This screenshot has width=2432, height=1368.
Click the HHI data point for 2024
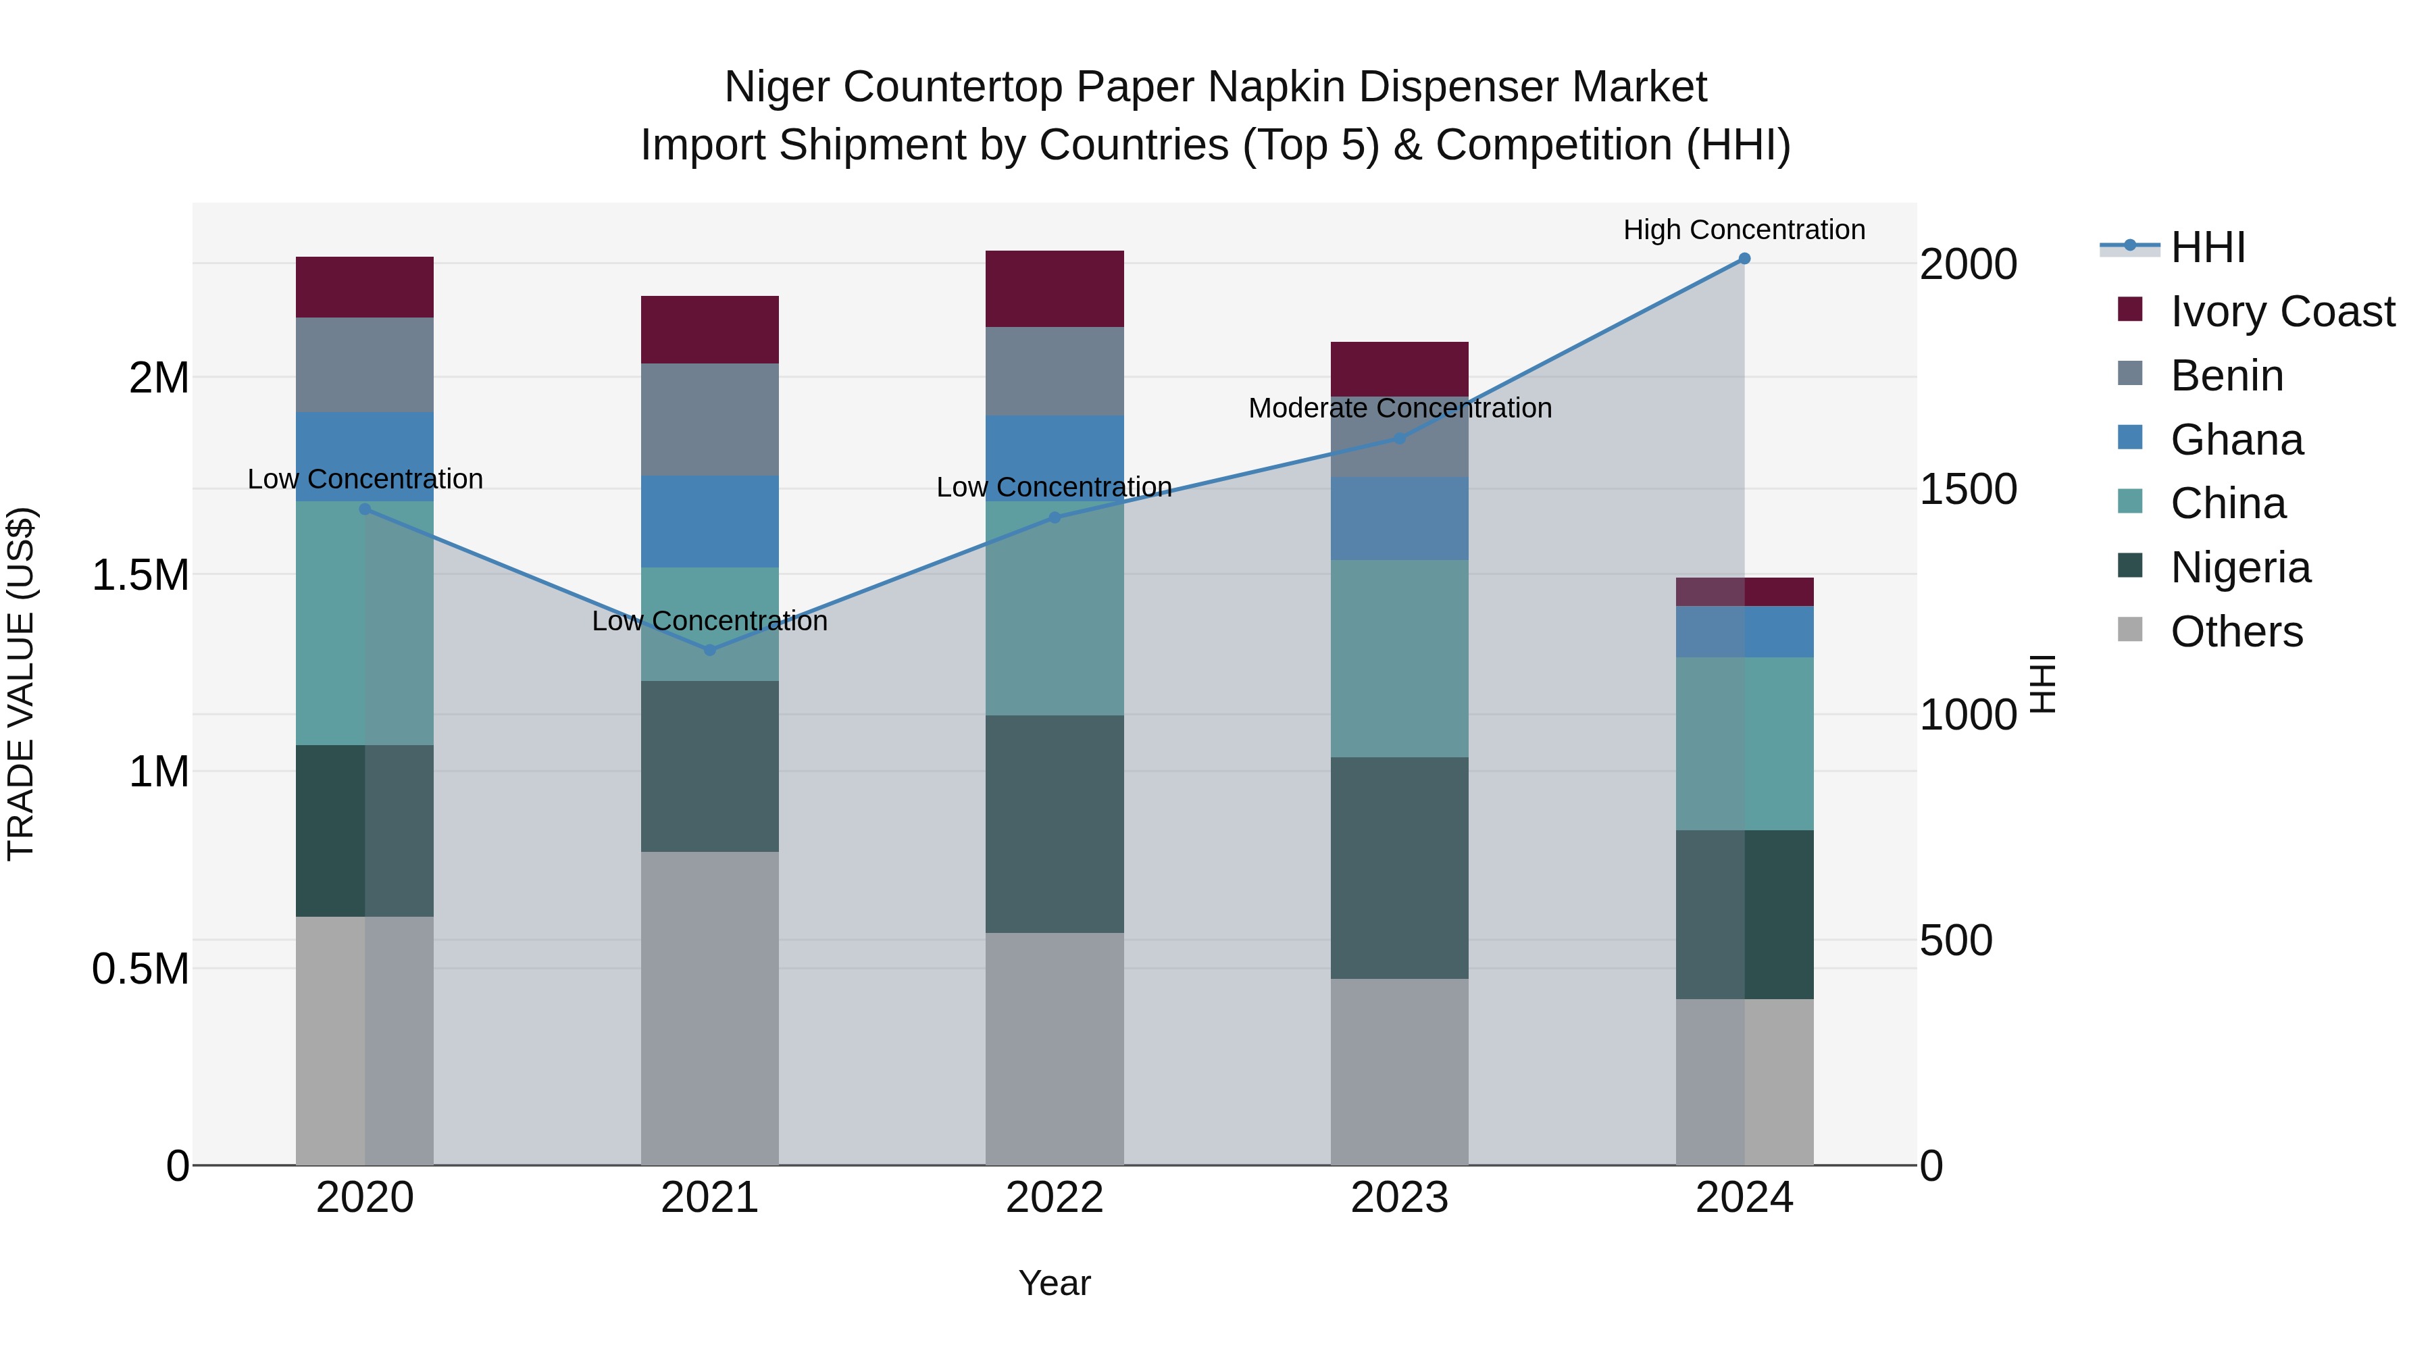[x=1744, y=259]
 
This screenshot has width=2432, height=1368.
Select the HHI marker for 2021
[x=710, y=649]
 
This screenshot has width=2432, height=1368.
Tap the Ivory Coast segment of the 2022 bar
[x=1055, y=289]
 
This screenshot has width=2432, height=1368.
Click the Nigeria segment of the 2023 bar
[x=1399, y=867]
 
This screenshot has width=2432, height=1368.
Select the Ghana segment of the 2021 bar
[x=710, y=521]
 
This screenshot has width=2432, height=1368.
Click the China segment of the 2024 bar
[x=1744, y=743]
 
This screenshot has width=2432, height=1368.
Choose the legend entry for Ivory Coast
[x=2282, y=311]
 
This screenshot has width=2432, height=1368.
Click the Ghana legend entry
[x=2237, y=440]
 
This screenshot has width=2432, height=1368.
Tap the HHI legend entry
[x=2207, y=247]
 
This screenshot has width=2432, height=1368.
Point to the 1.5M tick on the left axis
[x=141, y=575]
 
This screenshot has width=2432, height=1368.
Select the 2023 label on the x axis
[x=1399, y=1198]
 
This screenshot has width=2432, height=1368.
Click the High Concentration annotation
[x=1744, y=230]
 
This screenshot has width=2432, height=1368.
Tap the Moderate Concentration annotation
[x=1399, y=408]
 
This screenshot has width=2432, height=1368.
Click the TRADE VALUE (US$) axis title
[x=21, y=684]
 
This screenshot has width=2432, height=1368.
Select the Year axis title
[x=1055, y=1283]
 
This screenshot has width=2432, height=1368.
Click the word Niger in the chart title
[x=776, y=87]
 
